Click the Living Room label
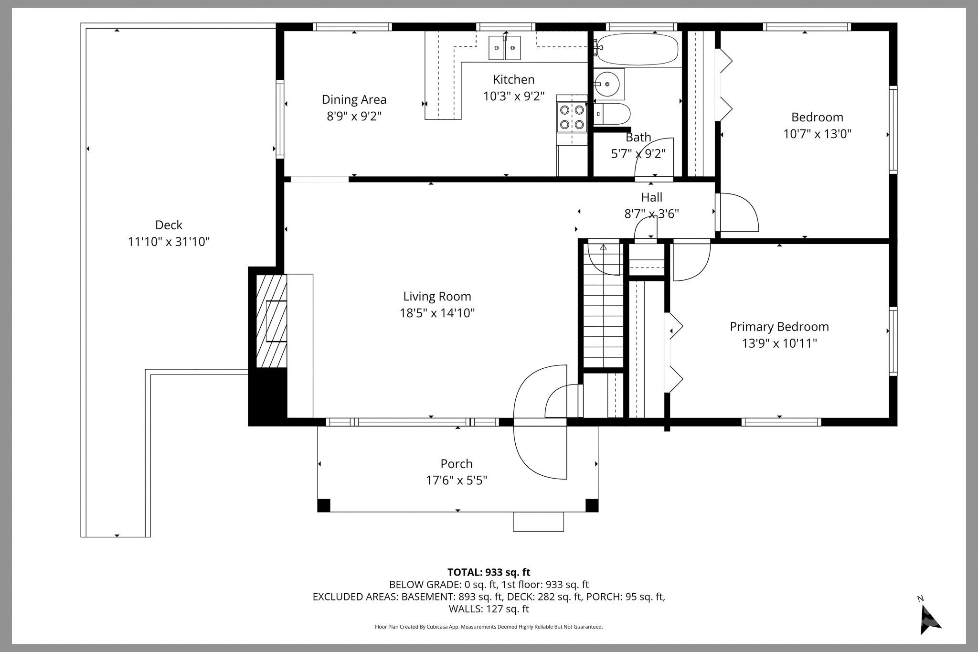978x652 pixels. point(437,297)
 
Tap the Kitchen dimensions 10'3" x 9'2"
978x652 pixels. point(513,96)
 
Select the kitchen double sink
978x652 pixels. point(505,48)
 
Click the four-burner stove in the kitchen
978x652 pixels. point(572,117)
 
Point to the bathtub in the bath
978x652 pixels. point(638,49)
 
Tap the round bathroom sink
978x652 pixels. point(607,84)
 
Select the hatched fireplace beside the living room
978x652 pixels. point(272,321)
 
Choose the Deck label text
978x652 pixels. point(169,225)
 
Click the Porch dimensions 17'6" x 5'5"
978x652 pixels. point(456,480)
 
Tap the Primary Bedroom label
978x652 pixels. point(779,327)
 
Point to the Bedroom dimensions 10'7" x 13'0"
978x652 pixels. point(817,134)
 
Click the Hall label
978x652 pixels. point(651,197)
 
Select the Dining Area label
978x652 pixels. point(354,100)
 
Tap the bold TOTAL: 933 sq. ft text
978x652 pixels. point(489,572)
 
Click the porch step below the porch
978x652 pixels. point(538,522)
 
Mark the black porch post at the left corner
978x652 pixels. point(324,505)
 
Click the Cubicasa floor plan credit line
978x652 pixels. point(489,627)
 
